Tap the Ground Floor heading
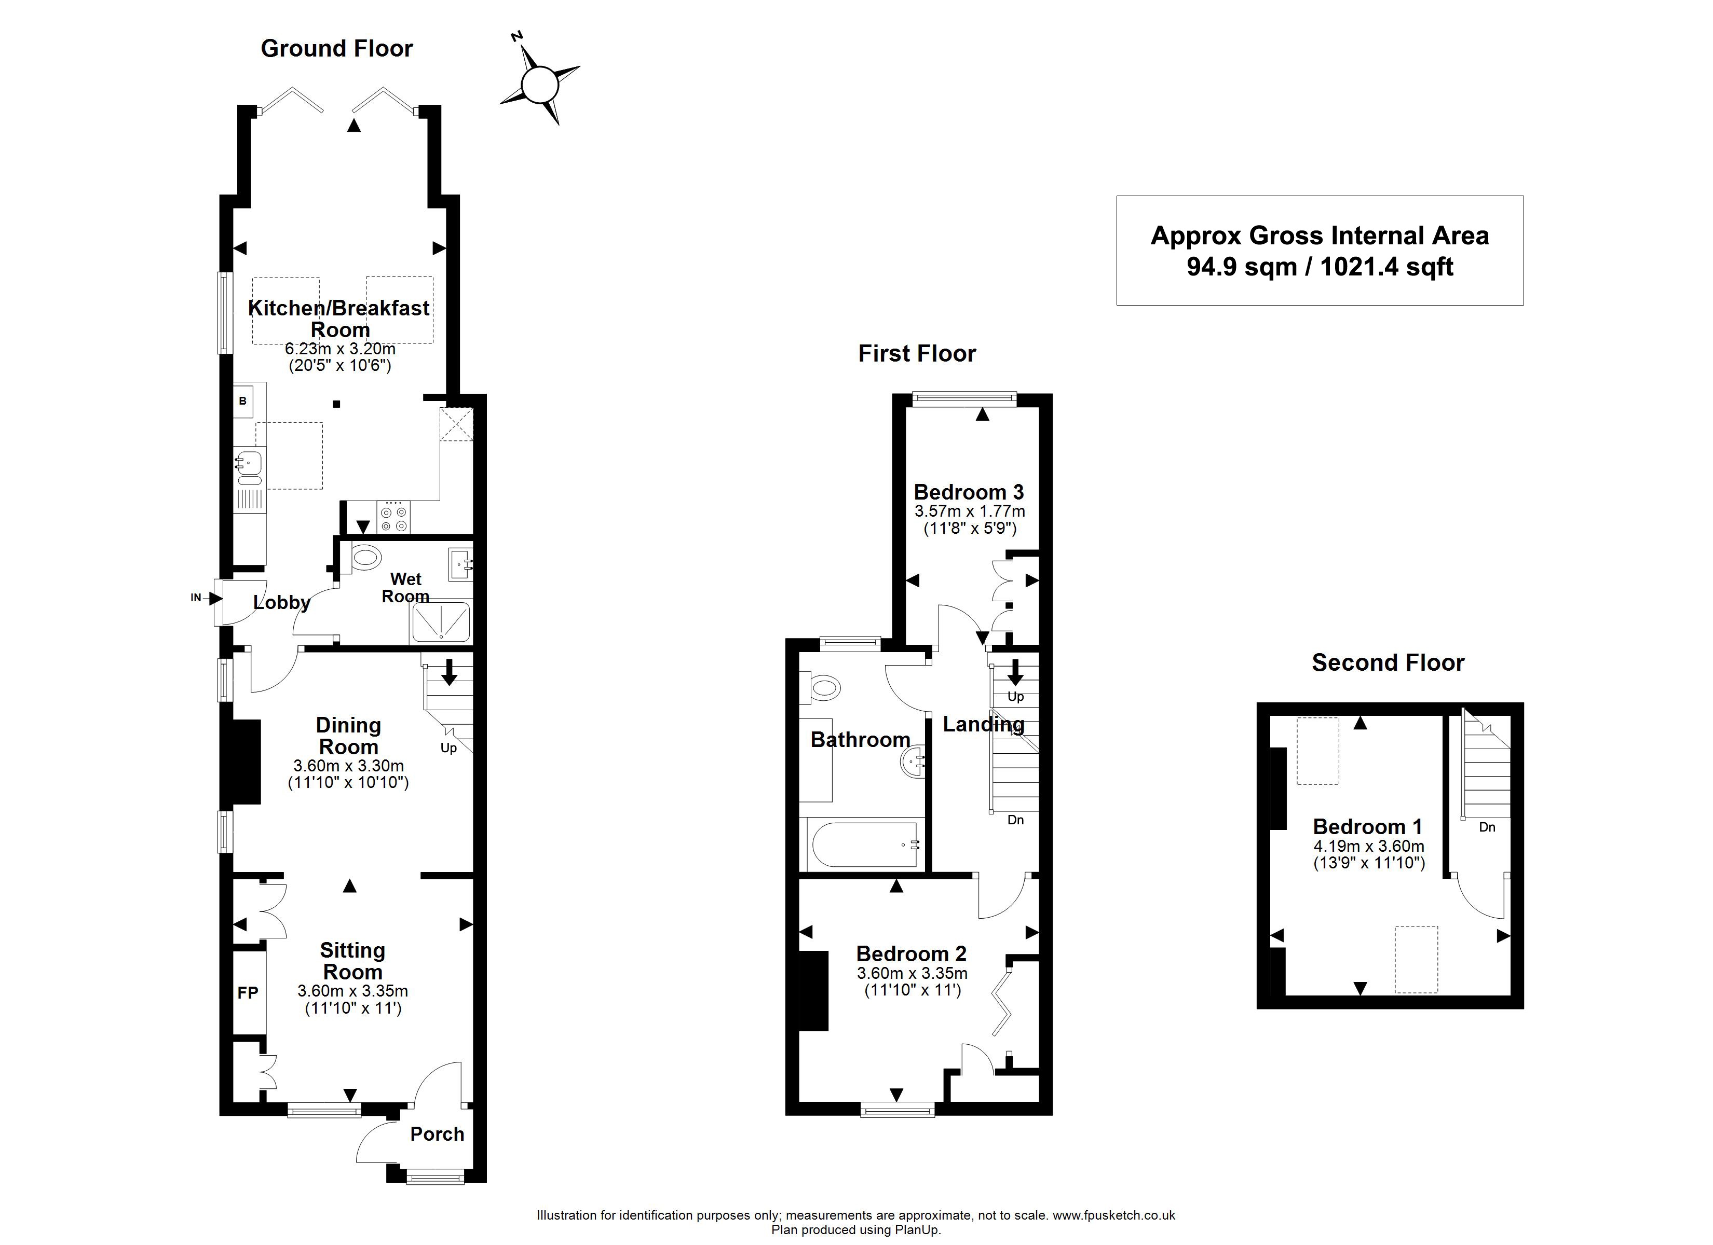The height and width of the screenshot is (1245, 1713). point(337,48)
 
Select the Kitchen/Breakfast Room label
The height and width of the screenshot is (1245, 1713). point(339,319)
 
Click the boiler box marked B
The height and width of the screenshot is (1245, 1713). point(243,401)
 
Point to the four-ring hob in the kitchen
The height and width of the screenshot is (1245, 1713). point(393,519)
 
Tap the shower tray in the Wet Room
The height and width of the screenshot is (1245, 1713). point(440,622)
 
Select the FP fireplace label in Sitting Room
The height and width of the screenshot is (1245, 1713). point(248,993)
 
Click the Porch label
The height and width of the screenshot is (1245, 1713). point(437,1134)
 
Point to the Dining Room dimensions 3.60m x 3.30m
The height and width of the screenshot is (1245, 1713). point(348,766)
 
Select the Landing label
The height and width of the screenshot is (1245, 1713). point(983,724)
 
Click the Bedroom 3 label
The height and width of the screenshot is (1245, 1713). point(969,492)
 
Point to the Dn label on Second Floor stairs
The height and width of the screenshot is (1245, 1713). point(1487,827)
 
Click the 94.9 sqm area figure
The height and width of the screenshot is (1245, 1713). point(1242,267)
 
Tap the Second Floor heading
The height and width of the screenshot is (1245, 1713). point(1388,663)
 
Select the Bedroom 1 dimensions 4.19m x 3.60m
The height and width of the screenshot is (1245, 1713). point(1369,847)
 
